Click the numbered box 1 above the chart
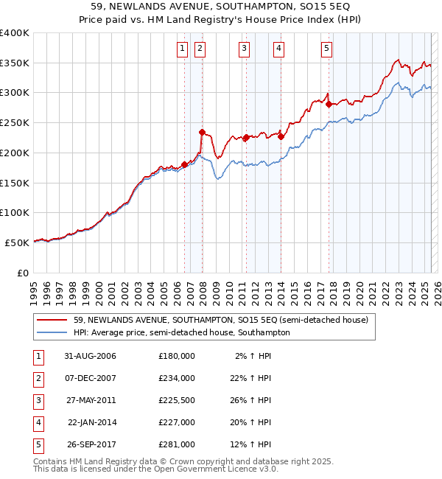tap(182, 49)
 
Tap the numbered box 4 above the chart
tap(279, 49)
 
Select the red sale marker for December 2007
tap(202, 133)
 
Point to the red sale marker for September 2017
tap(329, 104)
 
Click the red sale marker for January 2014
tap(281, 136)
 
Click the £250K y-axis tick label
tap(14, 122)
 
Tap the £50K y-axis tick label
tap(17, 242)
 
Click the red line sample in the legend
tap(52, 321)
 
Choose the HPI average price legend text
tap(181, 332)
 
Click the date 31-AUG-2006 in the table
tap(90, 356)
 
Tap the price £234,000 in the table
tap(176, 378)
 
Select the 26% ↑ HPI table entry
tap(253, 400)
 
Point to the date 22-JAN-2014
tap(91, 422)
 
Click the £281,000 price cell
tap(176, 444)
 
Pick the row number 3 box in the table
tap(36, 400)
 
